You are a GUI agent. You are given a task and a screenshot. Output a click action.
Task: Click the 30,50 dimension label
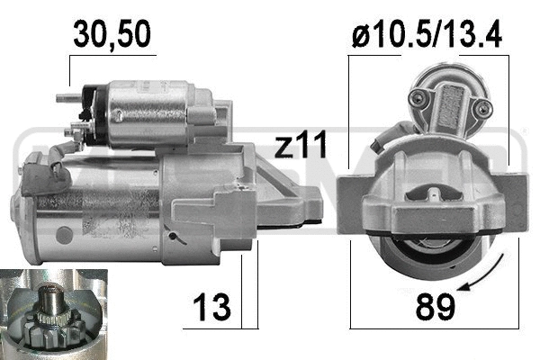coord(112,34)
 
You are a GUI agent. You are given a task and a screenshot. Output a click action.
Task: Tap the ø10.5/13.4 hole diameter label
coord(427,34)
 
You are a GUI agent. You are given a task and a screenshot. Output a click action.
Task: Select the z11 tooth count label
coord(301,145)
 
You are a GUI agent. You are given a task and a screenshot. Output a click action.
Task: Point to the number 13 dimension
coord(211,307)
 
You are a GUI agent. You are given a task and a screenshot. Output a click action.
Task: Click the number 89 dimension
coord(436,306)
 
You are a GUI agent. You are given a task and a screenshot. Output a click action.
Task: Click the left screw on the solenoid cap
coord(418,99)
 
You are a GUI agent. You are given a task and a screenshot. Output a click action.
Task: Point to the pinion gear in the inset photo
coord(55,329)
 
